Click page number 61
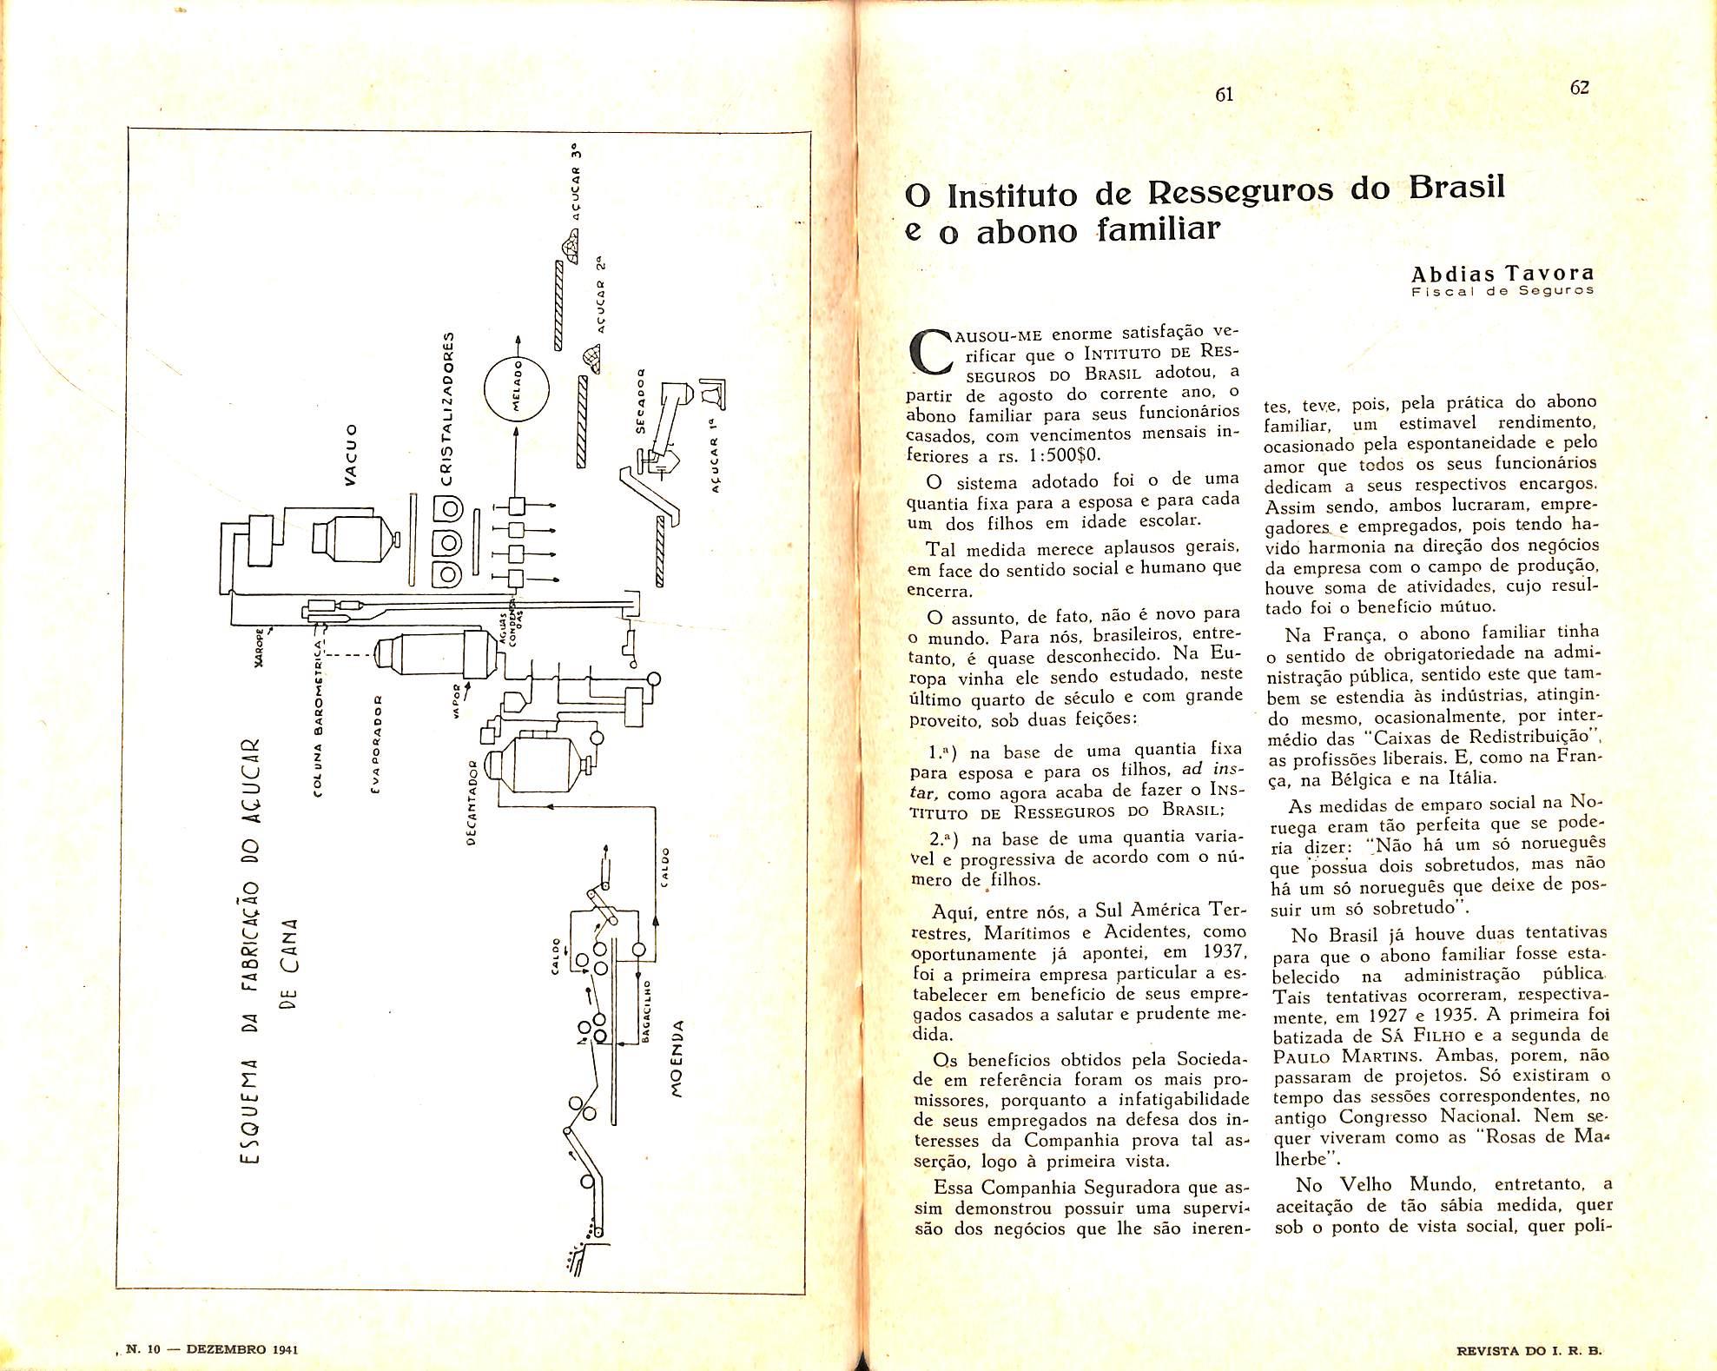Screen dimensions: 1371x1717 point(1224,95)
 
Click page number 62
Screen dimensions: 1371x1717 point(1579,88)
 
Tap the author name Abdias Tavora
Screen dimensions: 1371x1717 point(1502,274)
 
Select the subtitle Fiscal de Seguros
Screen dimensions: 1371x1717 point(1502,291)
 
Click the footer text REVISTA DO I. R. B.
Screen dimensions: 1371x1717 point(1529,1351)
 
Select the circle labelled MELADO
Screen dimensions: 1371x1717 point(517,390)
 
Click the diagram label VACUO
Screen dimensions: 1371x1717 point(351,454)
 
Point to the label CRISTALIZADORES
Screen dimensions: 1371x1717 point(448,407)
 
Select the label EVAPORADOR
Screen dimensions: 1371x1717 point(376,747)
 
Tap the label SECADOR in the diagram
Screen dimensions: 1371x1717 point(640,402)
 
